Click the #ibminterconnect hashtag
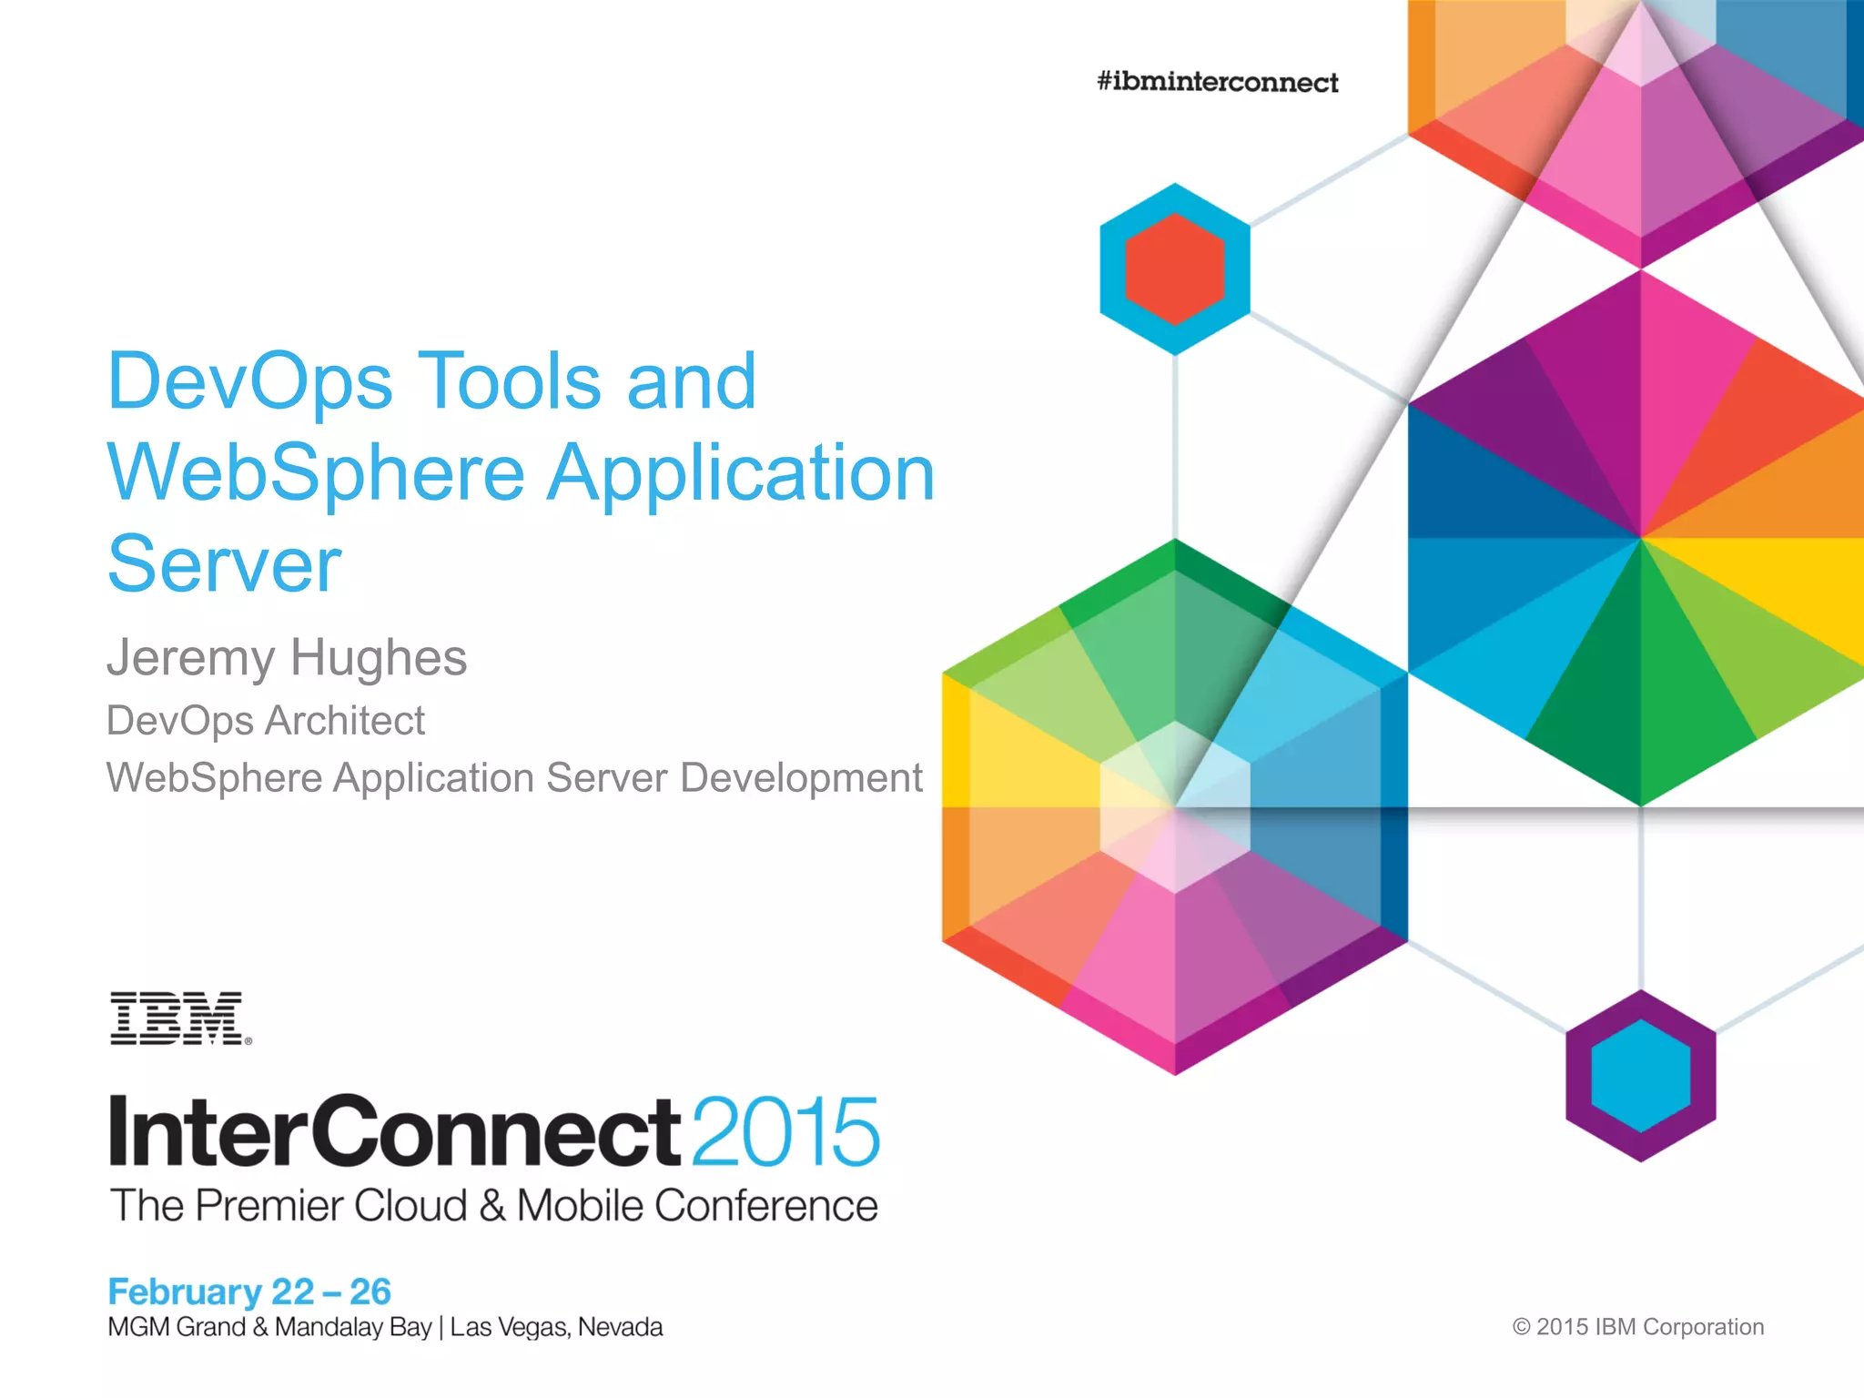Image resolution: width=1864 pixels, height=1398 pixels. pos(1217,82)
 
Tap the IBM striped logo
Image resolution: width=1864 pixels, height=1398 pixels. pos(179,1018)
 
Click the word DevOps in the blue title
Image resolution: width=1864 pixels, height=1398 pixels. pos(250,382)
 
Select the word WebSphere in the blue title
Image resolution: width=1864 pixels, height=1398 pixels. pos(316,473)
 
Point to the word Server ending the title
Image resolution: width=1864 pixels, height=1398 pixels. pos(224,564)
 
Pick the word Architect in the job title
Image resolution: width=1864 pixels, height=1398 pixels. pos(346,721)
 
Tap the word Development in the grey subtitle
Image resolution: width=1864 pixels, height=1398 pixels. pos(801,778)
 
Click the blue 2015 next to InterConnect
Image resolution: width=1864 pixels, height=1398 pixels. pos(785,1131)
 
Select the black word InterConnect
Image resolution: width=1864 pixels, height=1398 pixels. pos(394,1131)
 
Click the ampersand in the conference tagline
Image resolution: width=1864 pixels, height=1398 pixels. pos(492,1206)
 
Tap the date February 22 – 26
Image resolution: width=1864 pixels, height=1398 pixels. pos(248,1292)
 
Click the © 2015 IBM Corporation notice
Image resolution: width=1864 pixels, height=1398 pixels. pos(1637,1327)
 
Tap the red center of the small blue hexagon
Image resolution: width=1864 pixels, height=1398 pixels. pos(1174,269)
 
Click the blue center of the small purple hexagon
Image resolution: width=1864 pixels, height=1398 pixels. pos(1640,1076)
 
